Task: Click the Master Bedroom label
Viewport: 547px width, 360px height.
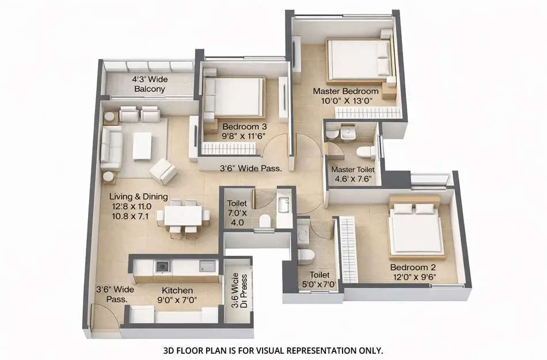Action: (x=345, y=91)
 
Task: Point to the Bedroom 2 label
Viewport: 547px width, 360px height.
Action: (x=413, y=268)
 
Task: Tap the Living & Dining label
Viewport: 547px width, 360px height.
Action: (x=138, y=197)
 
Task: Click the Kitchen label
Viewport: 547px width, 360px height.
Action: (x=177, y=290)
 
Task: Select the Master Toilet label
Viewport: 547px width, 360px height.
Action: (x=353, y=170)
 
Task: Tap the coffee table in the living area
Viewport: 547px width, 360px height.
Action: (x=142, y=145)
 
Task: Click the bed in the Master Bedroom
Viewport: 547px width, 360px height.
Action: (x=358, y=59)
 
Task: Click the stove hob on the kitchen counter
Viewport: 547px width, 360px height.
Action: (x=162, y=266)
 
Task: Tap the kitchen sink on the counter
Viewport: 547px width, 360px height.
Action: (x=207, y=266)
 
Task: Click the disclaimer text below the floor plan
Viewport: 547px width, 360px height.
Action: (x=273, y=350)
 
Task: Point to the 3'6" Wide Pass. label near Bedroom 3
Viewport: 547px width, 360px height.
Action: (x=250, y=169)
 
